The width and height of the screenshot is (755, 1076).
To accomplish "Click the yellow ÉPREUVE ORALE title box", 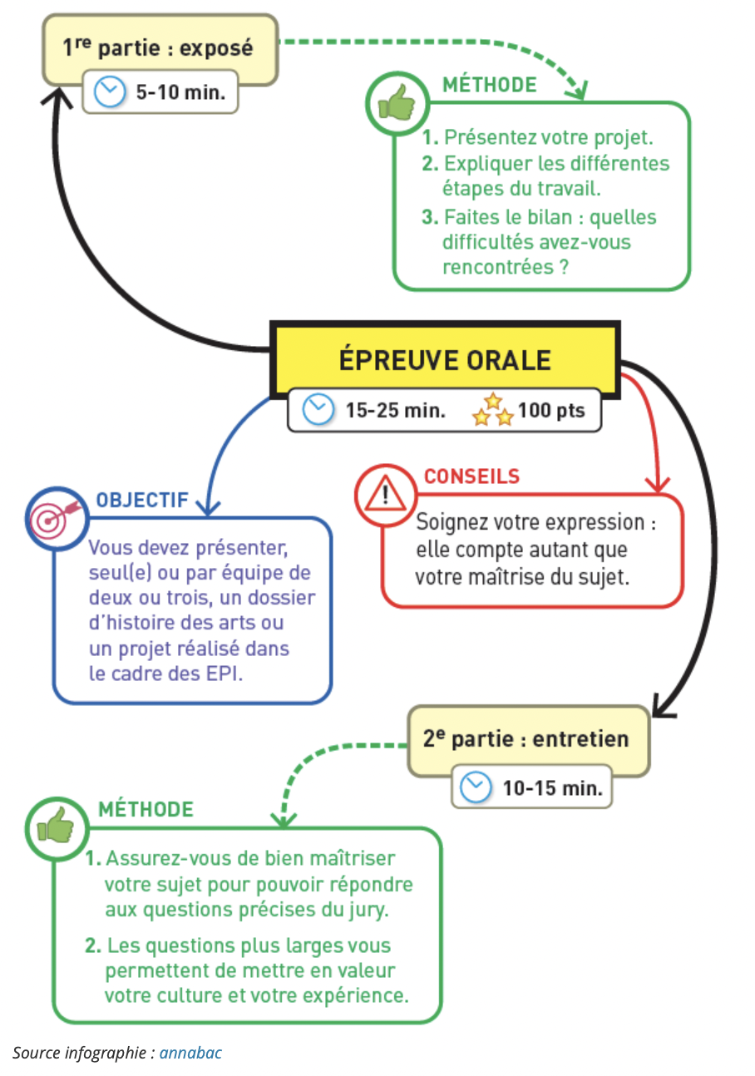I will point(445,359).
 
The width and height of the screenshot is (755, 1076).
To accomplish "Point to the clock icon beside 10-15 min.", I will point(476,787).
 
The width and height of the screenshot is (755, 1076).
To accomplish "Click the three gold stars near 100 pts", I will point(492,410).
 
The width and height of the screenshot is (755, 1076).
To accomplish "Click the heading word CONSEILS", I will point(471,476).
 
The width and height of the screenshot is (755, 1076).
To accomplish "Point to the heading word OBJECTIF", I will point(142,501).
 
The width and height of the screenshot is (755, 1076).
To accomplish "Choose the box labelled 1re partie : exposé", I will point(160,48).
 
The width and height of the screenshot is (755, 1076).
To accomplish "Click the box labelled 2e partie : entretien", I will point(527,738).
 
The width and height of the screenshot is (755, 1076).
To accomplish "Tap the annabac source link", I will point(190,1053).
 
